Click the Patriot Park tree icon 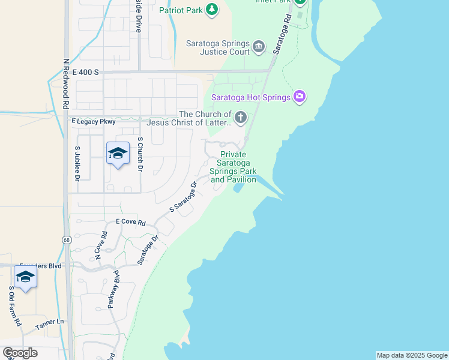[x=211, y=10]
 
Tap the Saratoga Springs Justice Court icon [x=259, y=47]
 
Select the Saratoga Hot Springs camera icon [x=300, y=97]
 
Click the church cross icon [x=240, y=118]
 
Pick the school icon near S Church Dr [x=118, y=154]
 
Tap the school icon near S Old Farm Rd [x=25, y=277]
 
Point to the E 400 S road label [x=85, y=72]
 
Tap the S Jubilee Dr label [x=77, y=163]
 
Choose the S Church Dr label [x=140, y=155]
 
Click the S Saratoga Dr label [x=183, y=197]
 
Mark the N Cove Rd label [x=100, y=246]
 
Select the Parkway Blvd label [x=114, y=289]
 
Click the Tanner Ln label [x=49, y=322]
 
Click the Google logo [x=20, y=352]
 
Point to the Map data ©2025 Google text [x=412, y=355]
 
